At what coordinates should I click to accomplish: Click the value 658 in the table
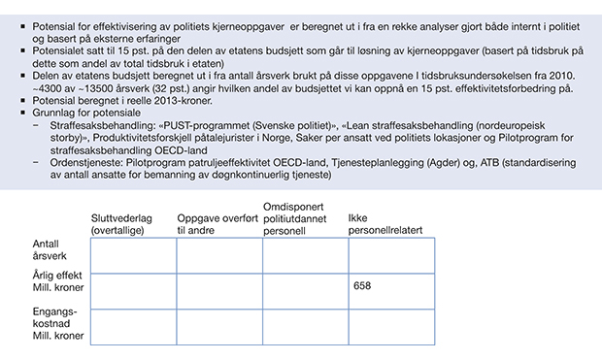point(362,286)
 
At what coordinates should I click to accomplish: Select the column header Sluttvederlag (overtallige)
point(121,224)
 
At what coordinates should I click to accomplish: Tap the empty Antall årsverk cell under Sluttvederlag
point(133,255)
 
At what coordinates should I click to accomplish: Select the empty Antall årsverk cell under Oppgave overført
point(219,255)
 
